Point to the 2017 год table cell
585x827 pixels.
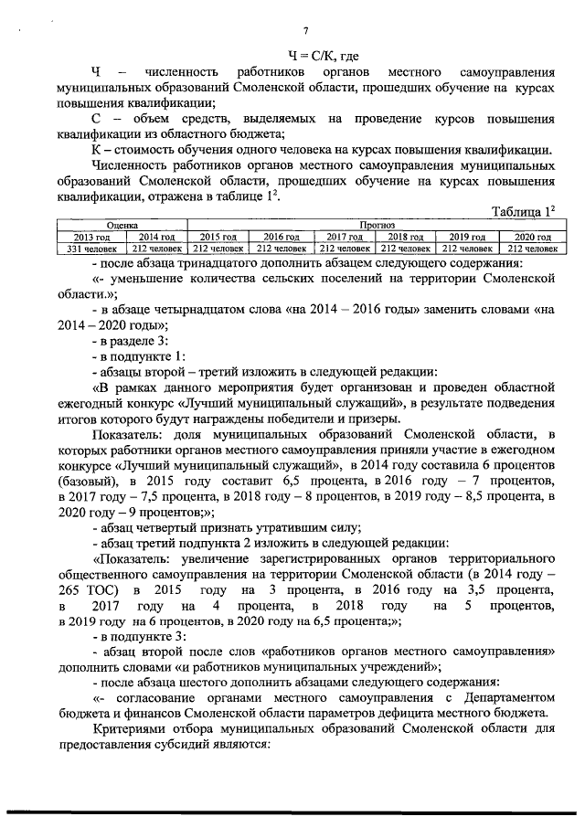[x=346, y=236]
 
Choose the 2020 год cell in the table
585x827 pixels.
[x=531, y=236]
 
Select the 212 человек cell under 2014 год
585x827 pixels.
[x=154, y=248]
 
